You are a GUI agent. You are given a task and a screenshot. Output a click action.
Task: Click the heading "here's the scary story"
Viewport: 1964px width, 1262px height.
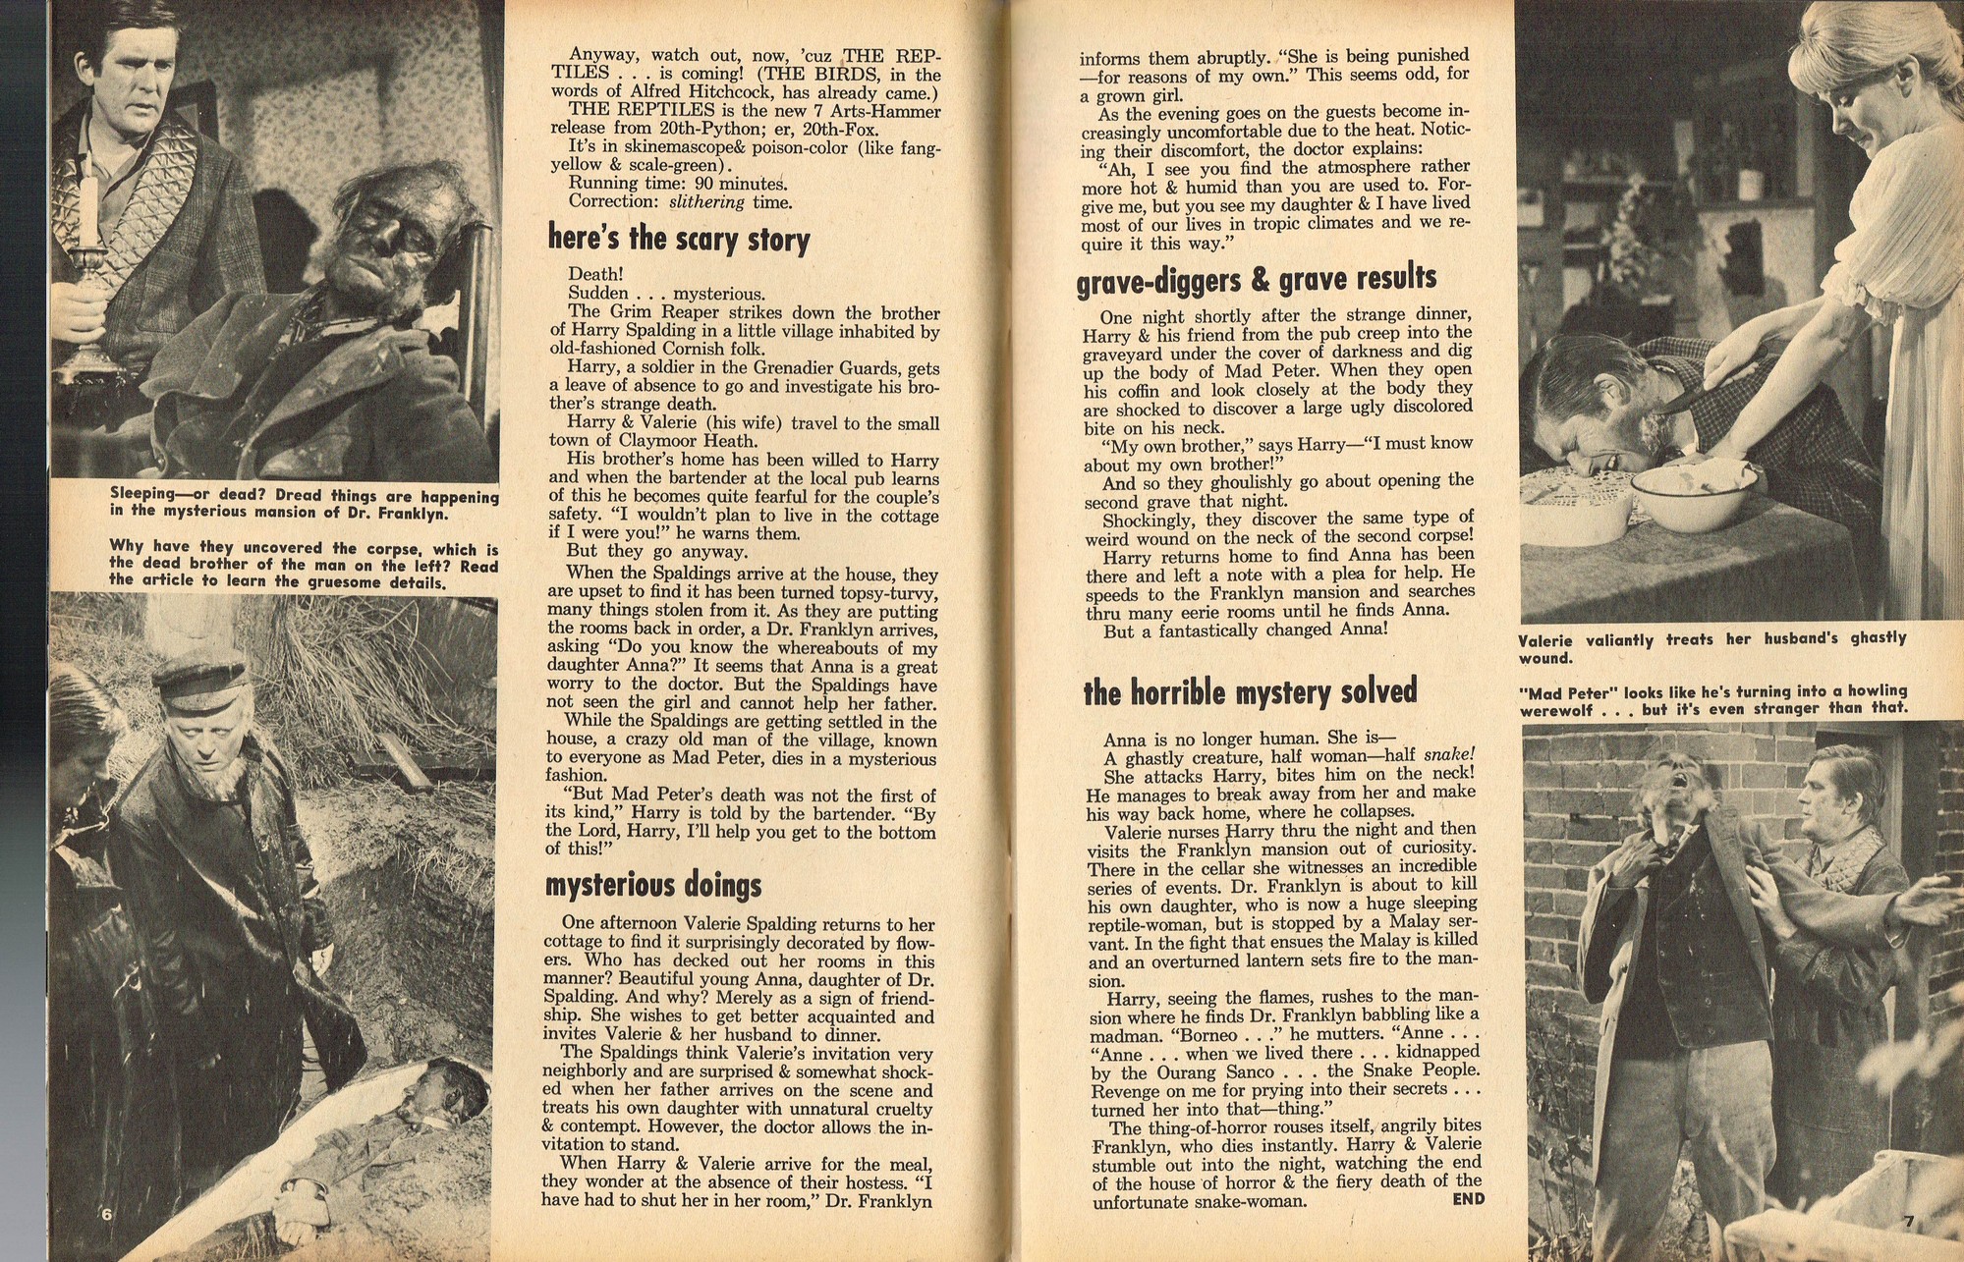[679, 239]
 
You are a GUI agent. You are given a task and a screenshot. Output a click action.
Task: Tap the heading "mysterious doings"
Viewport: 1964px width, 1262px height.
[653, 886]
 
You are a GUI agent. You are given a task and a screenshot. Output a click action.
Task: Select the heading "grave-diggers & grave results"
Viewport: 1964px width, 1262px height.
[1256, 281]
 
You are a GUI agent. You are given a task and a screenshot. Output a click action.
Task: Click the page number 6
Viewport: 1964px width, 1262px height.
[107, 1214]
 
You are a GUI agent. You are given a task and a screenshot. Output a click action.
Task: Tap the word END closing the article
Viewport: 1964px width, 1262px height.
[1468, 1199]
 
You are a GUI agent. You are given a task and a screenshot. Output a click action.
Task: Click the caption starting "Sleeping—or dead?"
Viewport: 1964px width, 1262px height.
[305, 505]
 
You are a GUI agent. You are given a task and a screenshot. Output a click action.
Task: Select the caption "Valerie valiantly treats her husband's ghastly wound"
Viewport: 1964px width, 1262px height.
[1711, 647]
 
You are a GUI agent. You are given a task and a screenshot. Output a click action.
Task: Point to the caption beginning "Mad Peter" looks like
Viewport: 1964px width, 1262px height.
[1713, 699]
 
